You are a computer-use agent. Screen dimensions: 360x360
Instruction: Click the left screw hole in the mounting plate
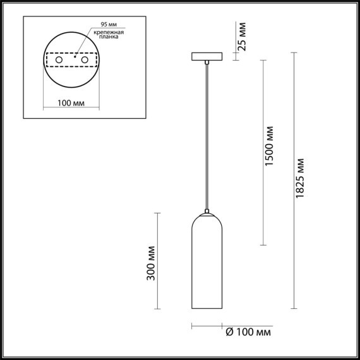59,59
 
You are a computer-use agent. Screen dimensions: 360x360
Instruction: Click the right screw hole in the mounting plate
82,59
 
